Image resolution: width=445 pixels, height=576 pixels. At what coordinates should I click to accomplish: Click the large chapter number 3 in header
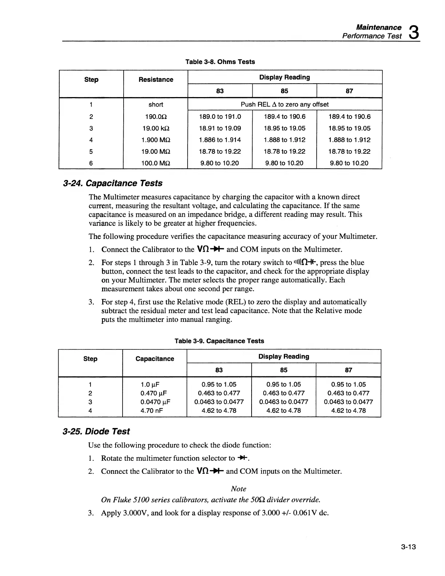[x=413, y=32]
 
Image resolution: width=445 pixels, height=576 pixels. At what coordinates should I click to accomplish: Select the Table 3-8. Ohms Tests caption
[x=220, y=62]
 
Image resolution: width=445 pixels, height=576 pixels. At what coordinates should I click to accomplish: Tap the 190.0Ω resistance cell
[x=156, y=117]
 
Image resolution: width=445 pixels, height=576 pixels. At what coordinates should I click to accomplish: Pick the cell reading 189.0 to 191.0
[x=220, y=117]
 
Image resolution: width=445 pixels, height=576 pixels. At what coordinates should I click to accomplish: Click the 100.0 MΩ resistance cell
[x=156, y=163]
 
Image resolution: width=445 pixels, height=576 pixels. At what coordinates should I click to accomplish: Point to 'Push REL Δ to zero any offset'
[x=285, y=104]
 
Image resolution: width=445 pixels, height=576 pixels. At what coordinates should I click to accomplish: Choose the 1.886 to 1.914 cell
[x=220, y=140]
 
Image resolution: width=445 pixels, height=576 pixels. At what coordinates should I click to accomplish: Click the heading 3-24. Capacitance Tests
[x=112, y=183]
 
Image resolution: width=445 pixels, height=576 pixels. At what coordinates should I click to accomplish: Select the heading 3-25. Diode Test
[x=96, y=432]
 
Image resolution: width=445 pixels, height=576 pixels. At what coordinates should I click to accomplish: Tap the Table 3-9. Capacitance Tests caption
[x=219, y=341]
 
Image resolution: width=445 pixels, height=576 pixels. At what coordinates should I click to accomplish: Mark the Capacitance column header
[x=155, y=359]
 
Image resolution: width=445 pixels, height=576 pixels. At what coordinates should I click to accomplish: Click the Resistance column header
[x=156, y=80]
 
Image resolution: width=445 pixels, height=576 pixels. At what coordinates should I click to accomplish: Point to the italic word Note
[x=238, y=489]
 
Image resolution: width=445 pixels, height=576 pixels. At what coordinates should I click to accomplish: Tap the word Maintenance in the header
[x=378, y=27]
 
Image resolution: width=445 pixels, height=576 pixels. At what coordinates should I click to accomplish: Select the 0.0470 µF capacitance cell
[x=155, y=402]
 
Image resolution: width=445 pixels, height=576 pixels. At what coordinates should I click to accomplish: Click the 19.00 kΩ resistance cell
[x=156, y=128]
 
